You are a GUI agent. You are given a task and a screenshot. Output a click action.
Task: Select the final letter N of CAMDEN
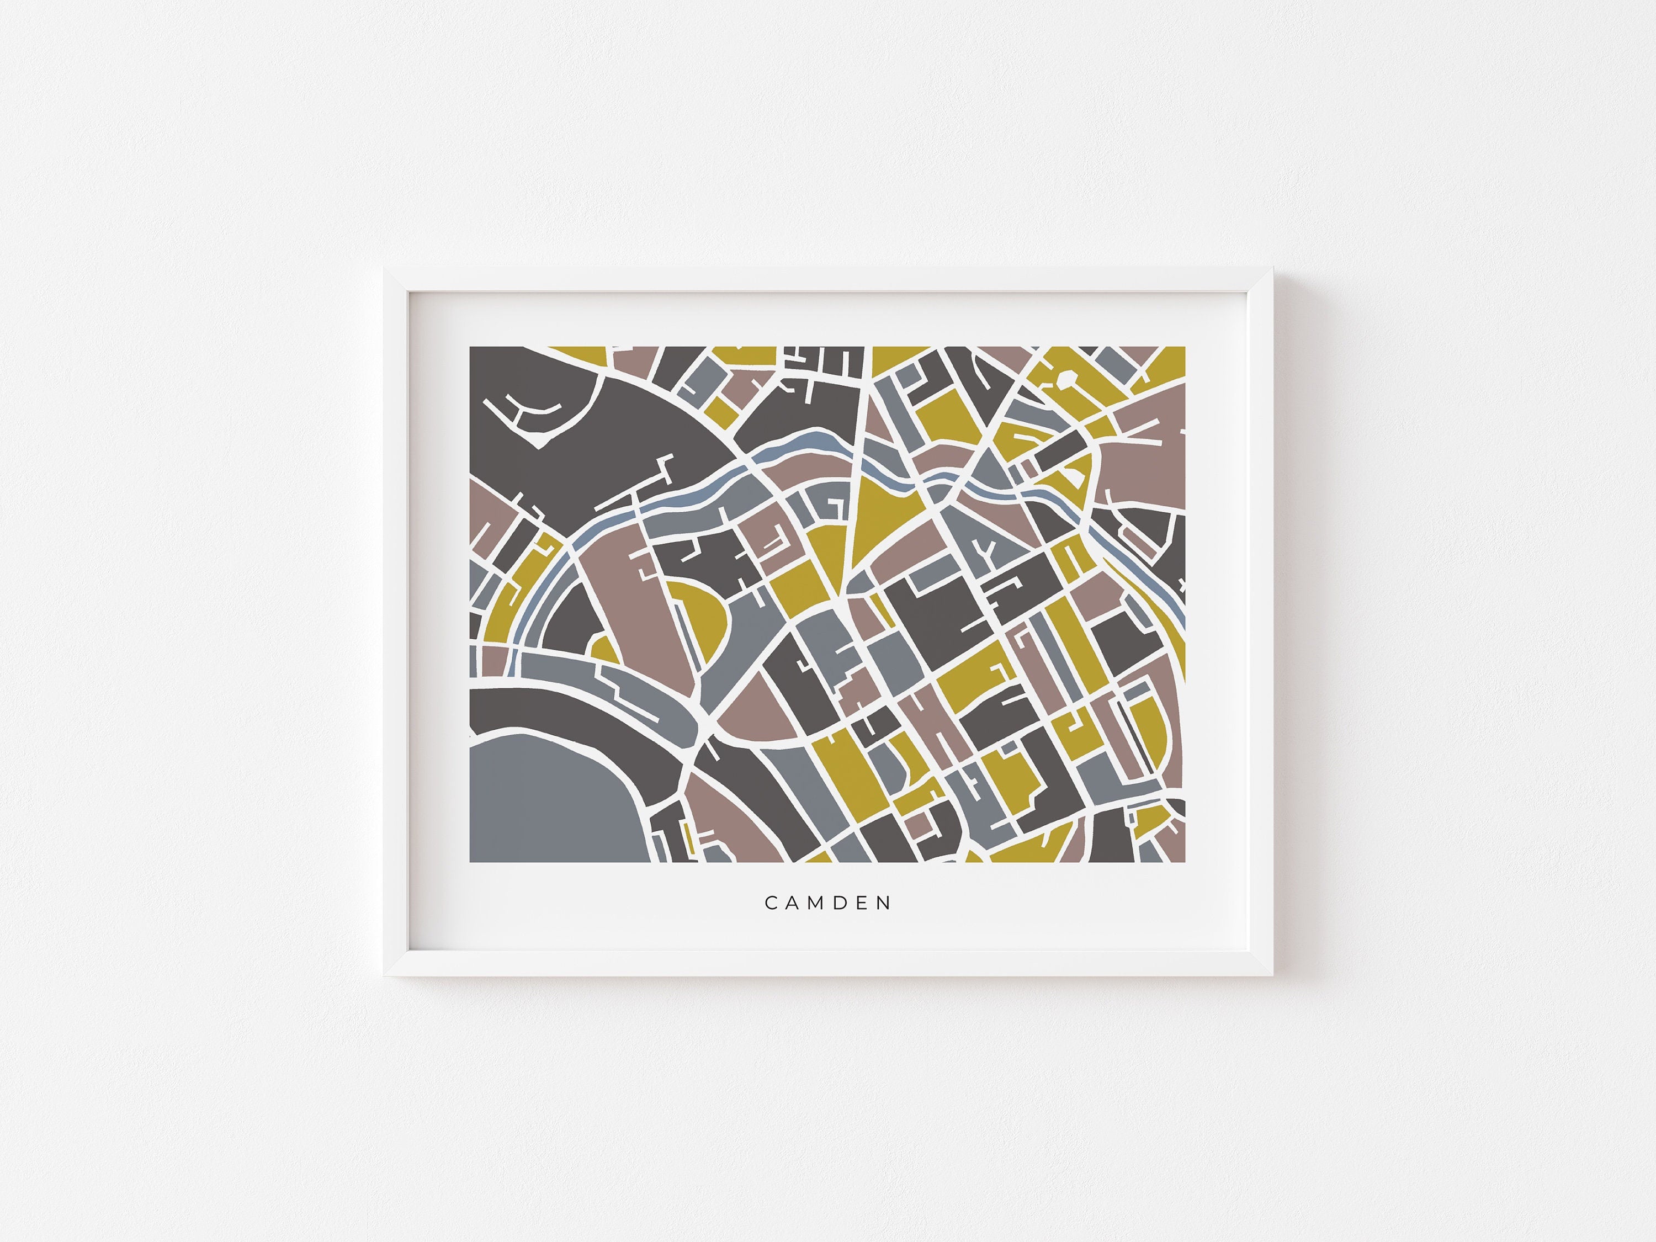887,904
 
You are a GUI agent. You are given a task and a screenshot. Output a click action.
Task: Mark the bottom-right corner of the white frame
1271,974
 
